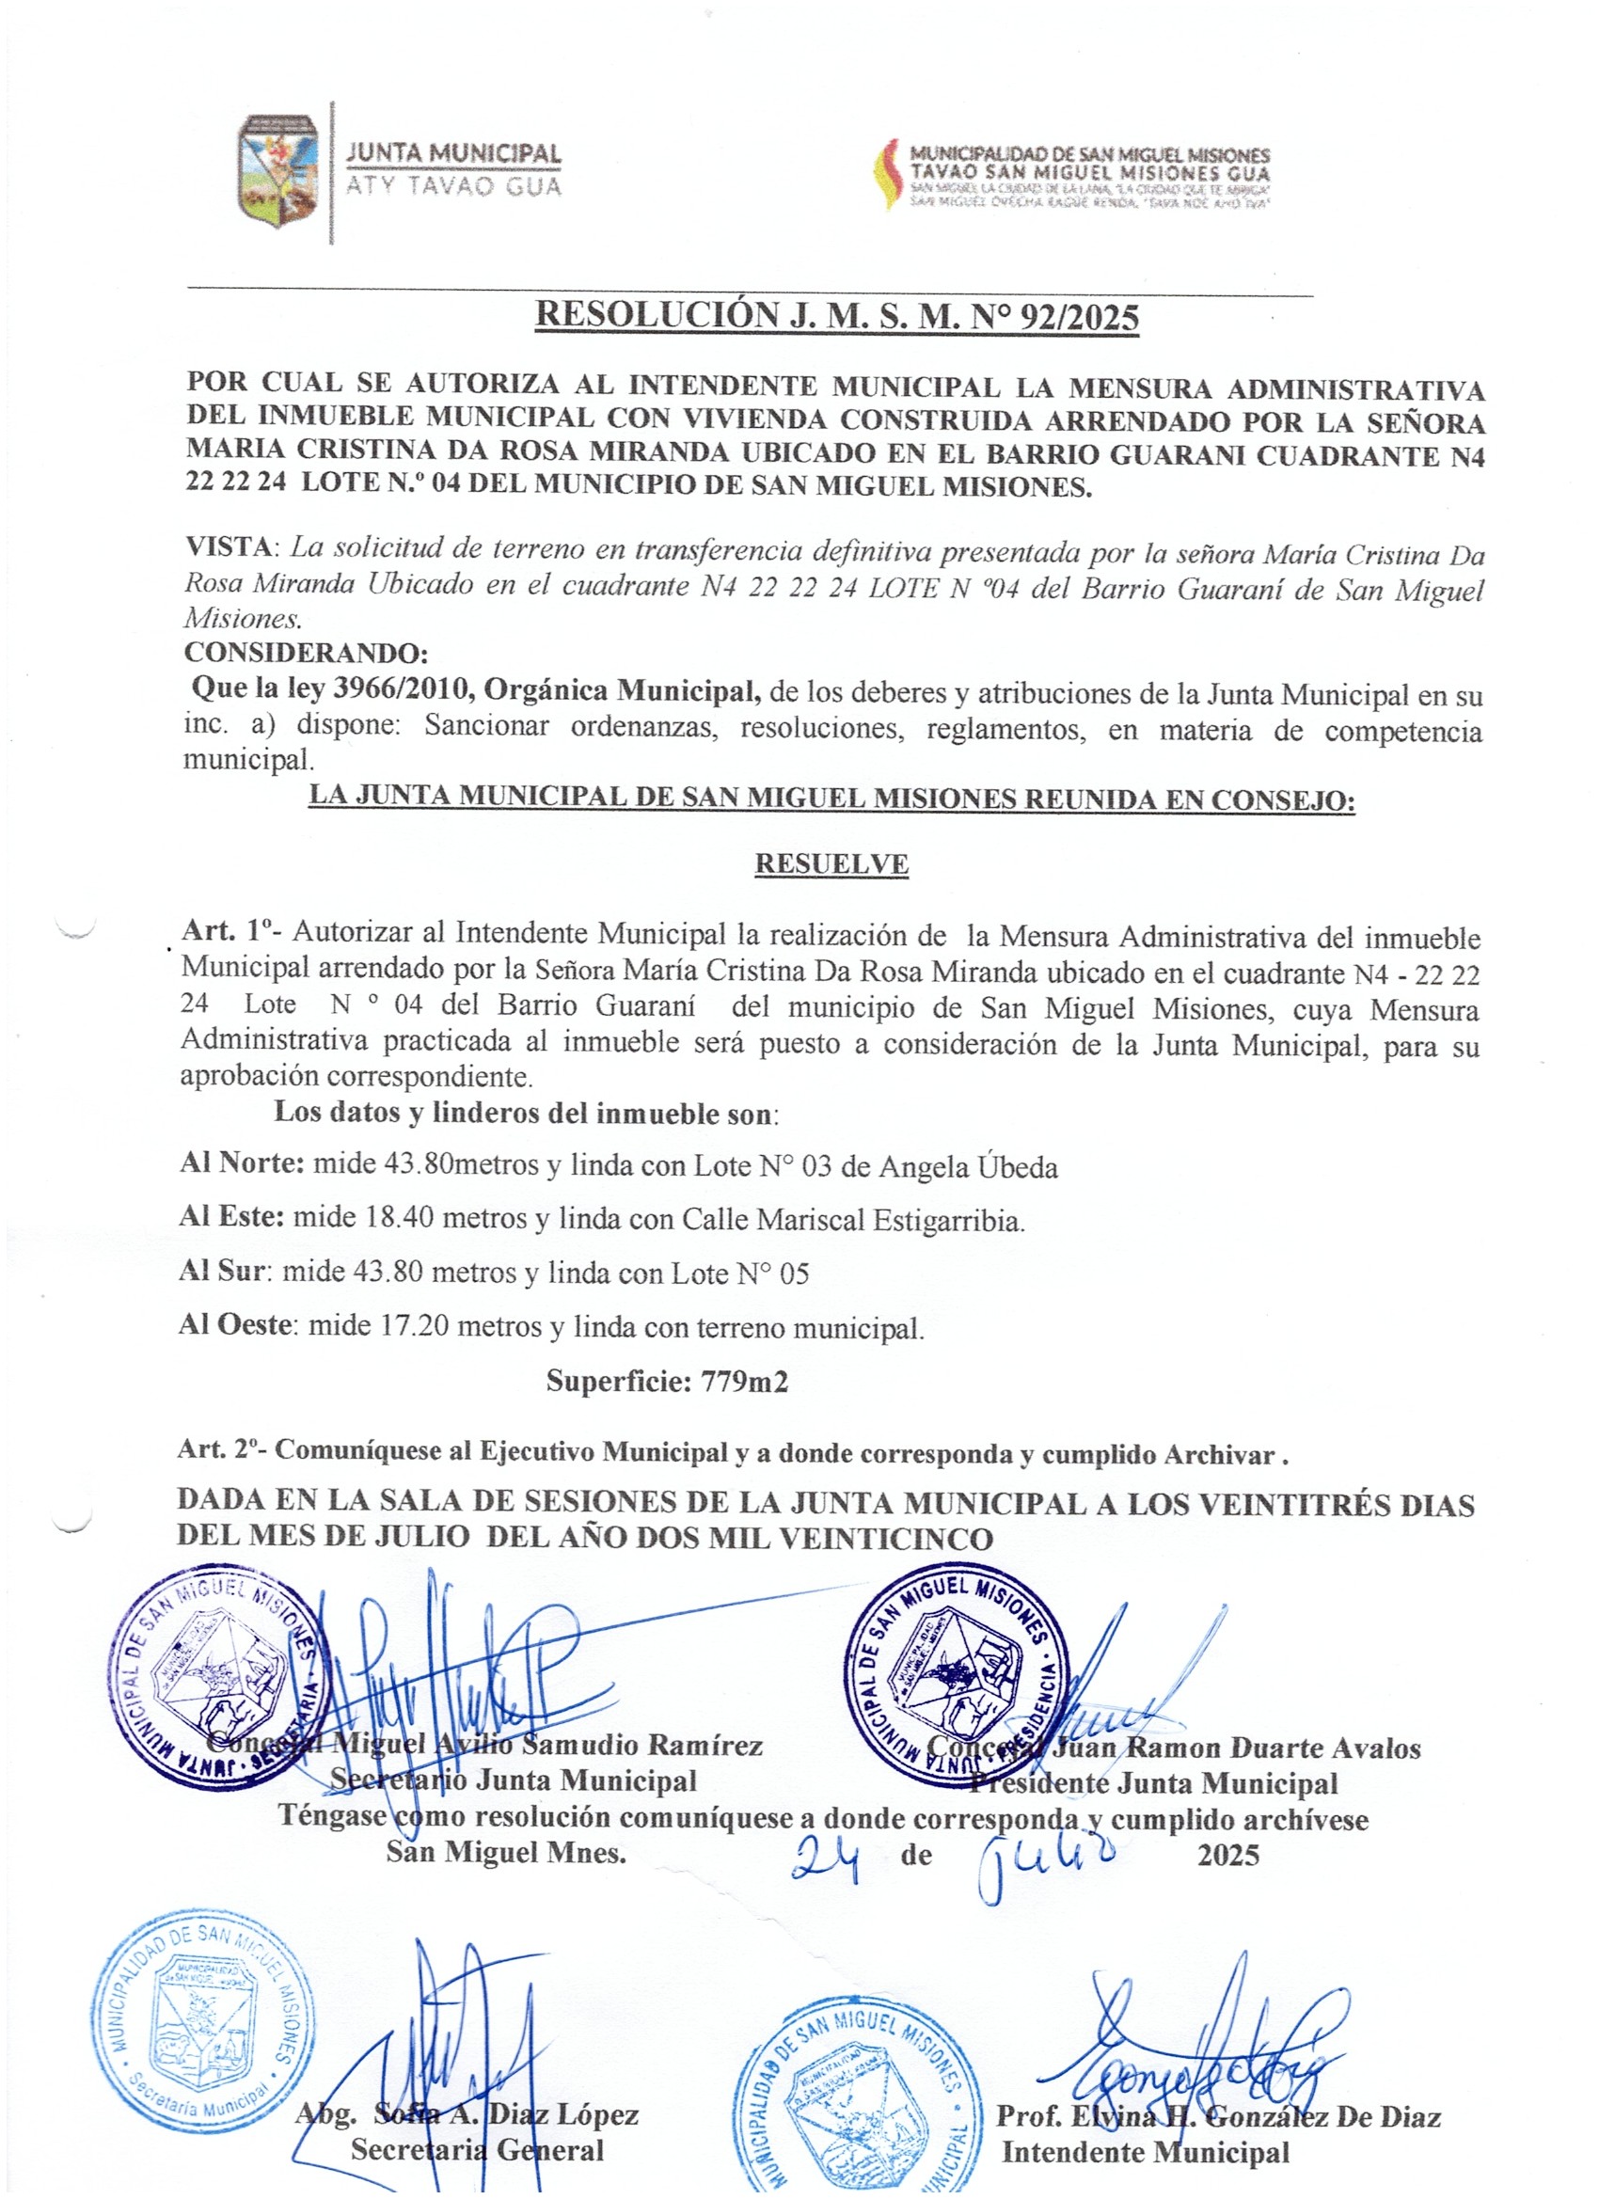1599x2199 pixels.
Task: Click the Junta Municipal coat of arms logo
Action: (278, 170)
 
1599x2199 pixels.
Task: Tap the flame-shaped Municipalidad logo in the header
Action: (886, 175)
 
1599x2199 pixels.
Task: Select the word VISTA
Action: (229, 546)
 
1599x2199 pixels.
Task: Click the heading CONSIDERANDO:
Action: (307, 652)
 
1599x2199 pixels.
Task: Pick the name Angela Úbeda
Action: (968, 1166)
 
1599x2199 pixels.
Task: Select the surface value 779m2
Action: (744, 1380)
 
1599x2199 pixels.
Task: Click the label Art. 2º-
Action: (223, 1451)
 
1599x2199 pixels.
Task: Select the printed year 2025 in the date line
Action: (1227, 1855)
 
